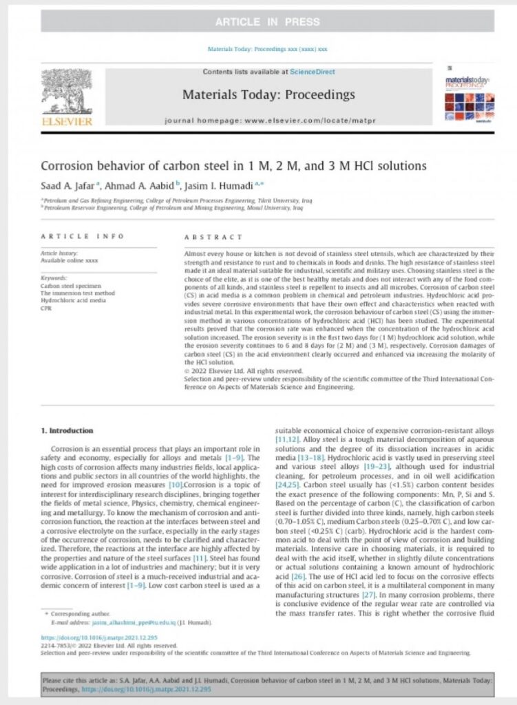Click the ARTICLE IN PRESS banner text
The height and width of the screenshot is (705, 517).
coord(258,21)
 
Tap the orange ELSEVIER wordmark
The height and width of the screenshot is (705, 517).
coord(66,122)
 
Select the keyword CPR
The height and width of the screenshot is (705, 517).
coord(47,307)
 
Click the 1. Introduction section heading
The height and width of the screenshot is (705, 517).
coord(67,431)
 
